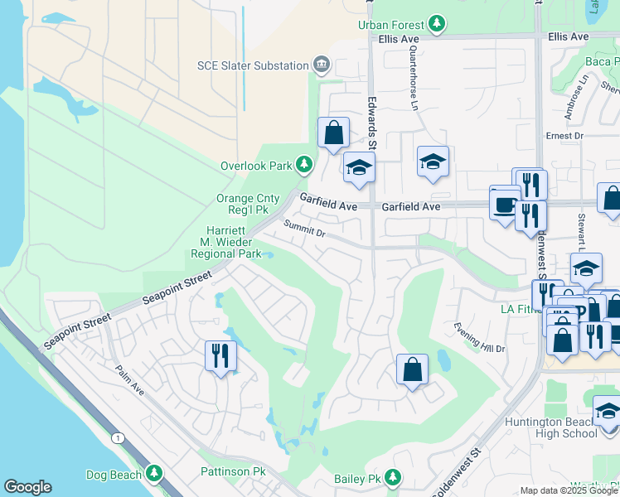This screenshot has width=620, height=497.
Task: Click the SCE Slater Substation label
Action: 253,65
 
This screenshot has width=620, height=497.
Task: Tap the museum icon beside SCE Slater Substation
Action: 322,65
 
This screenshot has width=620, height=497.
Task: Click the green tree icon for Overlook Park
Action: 304,165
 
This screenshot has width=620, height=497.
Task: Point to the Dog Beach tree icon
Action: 154,473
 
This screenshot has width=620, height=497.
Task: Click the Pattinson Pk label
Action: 232,471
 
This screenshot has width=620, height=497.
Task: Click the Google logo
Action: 27,487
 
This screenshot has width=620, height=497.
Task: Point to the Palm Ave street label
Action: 130,381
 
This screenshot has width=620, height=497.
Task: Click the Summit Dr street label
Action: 305,228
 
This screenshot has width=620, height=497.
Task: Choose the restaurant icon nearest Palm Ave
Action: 220,355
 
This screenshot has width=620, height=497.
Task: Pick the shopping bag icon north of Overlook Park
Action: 333,132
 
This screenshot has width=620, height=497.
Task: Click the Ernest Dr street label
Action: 564,136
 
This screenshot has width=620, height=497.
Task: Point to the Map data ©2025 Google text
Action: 568,490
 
